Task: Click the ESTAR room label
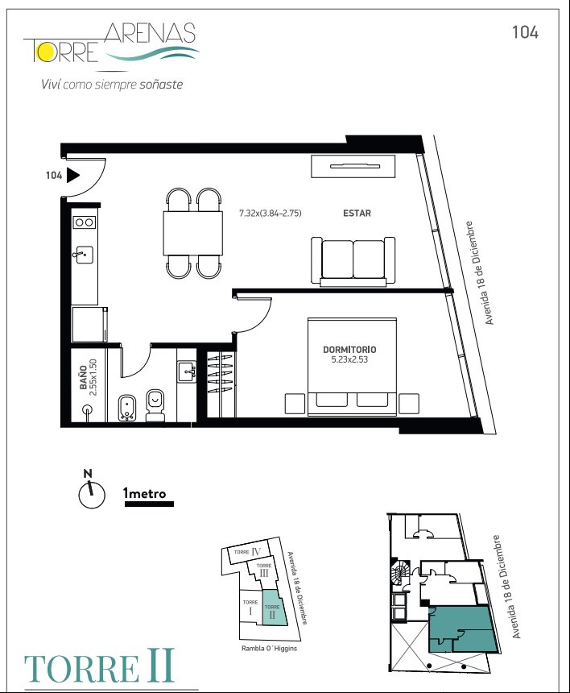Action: pyautogui.click(x=357, y=213)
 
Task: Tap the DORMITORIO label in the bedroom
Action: pyautogui.click(x=349, y=350)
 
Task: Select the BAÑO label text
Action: pyautogui.click(x=84, y=380)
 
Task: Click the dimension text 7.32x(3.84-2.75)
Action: pyautogui.click(x=271, y=213)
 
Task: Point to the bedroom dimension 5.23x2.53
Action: pyautogui.click(x=349, y=359)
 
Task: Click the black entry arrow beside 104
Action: pyautogui.click(x=72, y=176)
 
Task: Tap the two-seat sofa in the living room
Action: pyautogui.click(x=353, y=261)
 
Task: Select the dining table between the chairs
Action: pyautogui.click(x=192, y=234)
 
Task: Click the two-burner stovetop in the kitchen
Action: pyautogui.click(x=84, y=222)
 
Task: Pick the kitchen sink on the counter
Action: pyautogui.click(x=84, y=255)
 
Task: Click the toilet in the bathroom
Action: pyautogui.click(x=155, y=405)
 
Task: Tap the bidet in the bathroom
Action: pyautogui.click(x=127, y=408)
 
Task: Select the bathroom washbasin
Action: pyautogui.click(x=188, y=371)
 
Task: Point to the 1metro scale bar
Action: pyautogui.click(x=149, y=504)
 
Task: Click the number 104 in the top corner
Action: pyautogui.click(x=525, y=32)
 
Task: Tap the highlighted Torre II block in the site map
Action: pyautogui.click(x=273, y=608)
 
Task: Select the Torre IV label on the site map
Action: pyautogui.click(x=248, y=551)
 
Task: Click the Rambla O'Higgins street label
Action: pyautogui.click(x=270, y=649)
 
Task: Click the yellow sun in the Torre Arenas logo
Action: pyautogui.click(x=44, y=52)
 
